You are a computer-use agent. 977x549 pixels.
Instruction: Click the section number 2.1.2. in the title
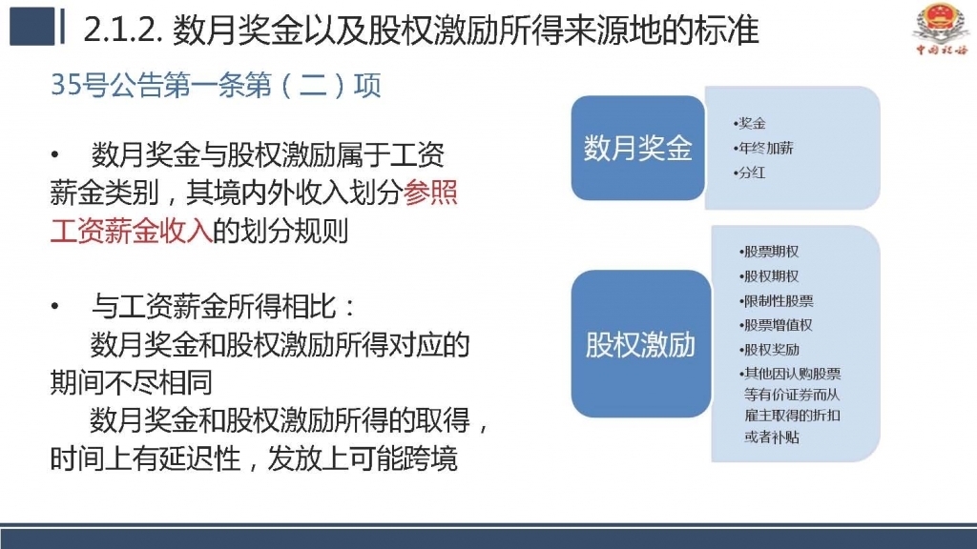(x=122, y=30)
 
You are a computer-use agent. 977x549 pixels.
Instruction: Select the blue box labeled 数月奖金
(x=637, y=148)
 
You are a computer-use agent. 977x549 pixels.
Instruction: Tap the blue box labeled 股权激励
(x=640, y=343)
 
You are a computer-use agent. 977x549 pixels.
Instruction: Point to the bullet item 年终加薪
(x=763, y=148)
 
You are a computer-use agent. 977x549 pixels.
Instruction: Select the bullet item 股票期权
(x=769, y=252)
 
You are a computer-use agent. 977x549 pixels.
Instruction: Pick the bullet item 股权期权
(x=769, y=275)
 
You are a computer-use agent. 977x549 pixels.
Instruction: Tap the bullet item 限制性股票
(x=777, y=300)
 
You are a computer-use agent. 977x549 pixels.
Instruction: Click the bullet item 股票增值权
(x=776, y=325)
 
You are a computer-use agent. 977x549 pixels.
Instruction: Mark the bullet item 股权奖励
(x=769, y=349)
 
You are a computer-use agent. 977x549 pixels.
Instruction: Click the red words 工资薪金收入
(x=132, y=231)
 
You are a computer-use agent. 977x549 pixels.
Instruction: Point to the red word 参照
(x=430, y=193)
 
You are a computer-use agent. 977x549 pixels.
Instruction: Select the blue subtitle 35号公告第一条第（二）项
(x=216, y=85)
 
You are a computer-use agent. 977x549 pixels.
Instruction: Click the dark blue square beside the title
(x=32, y=26)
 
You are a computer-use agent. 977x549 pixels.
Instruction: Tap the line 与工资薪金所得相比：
(x=223, y=306)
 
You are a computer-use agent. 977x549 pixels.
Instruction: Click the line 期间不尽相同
(x=131, y=382)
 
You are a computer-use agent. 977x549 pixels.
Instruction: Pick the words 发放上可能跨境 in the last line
(x=363, y=458)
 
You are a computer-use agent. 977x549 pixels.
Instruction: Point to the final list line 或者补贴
(x=771, y=437)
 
